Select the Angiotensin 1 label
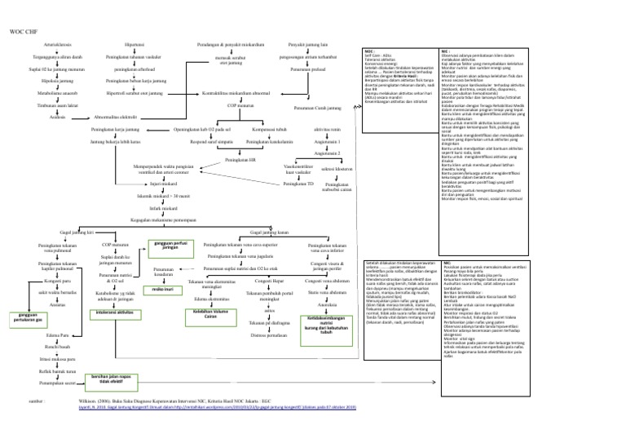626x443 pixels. [x=327, y=142]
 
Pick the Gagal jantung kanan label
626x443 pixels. [x=270, y=232]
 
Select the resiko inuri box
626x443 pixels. [x=164, y=289]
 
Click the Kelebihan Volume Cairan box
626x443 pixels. [x=210, y=314]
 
